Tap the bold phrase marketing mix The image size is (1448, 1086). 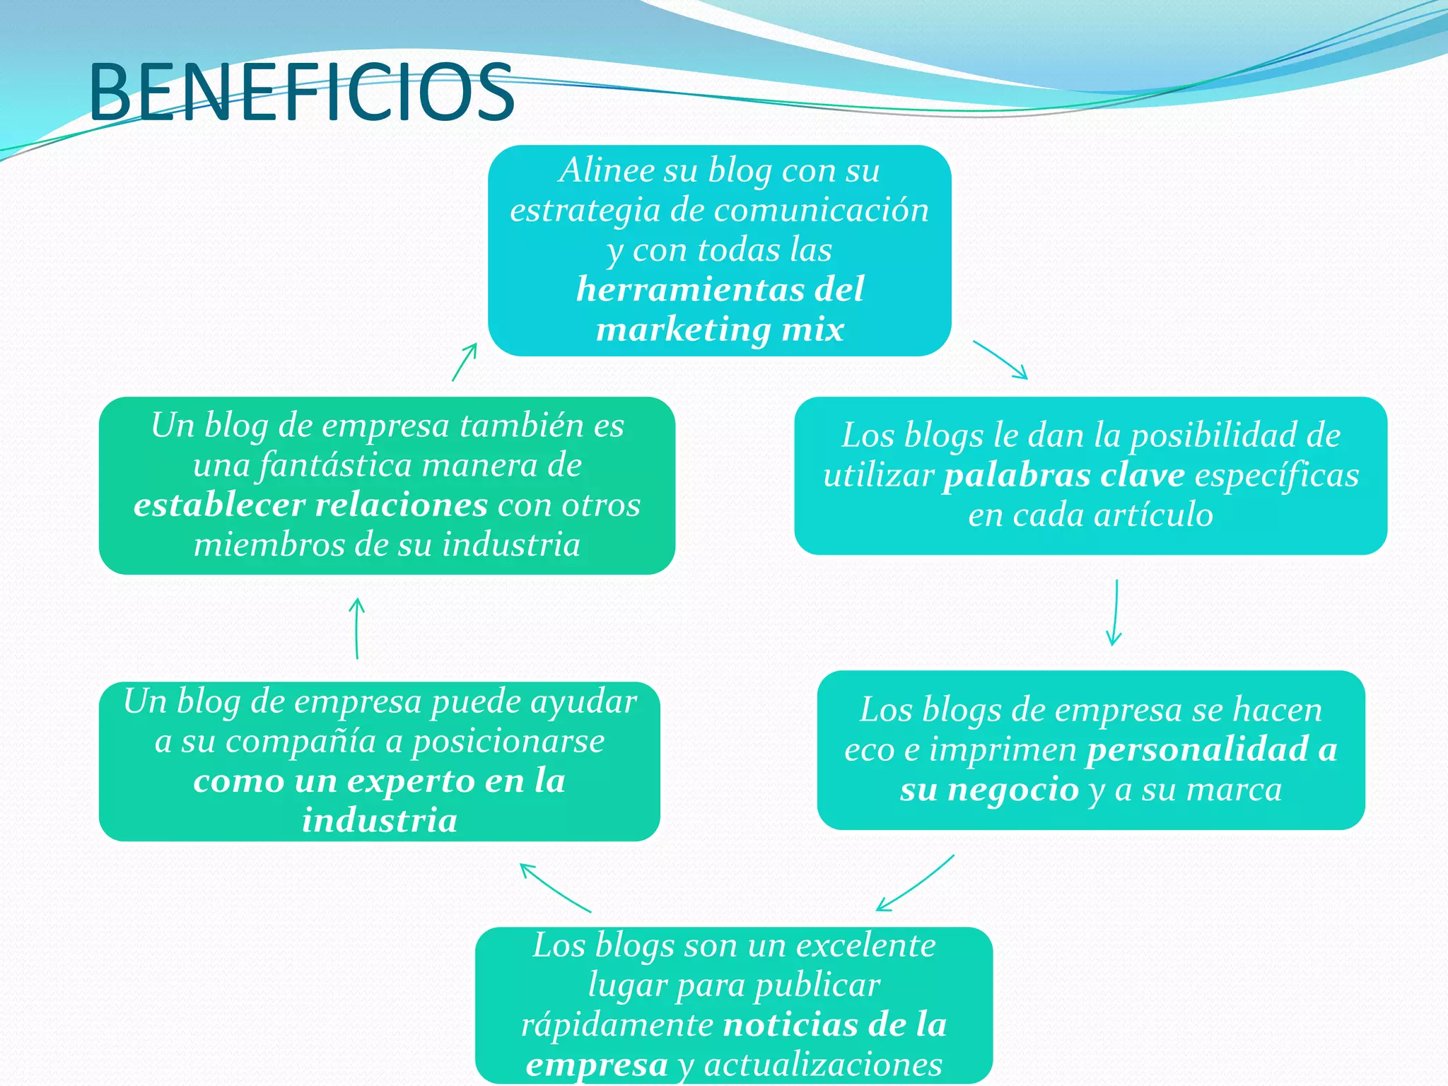[x=720, y=329]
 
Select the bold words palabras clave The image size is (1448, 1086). [x=1063, y=475]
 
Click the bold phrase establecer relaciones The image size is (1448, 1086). [x=310, y=505]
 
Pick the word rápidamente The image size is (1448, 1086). [x=617, y=1024]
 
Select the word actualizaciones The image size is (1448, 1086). [x=823, y=1064]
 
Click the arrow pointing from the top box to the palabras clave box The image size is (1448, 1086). [x=1000, y=360]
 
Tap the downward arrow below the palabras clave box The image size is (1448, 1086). [x=1115, y=612]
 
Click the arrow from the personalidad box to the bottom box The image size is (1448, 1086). [x=915, y=883]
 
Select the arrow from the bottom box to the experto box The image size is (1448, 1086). [x=555, y=888]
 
